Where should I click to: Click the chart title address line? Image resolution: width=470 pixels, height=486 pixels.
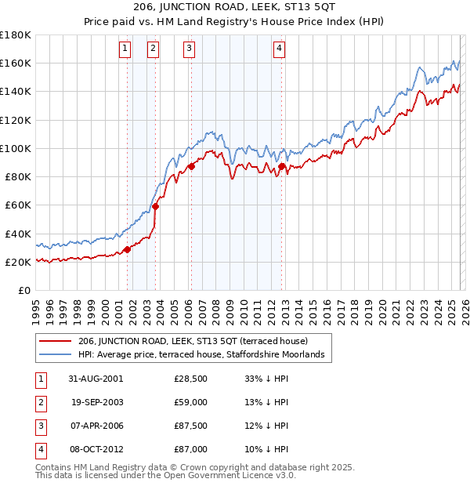tap(235, 8)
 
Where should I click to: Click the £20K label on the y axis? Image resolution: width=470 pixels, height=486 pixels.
tap(18, 262)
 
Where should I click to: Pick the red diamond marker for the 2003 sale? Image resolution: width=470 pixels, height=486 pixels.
tap(156, 207)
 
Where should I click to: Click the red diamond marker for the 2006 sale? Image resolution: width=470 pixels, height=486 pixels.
tap(191, 165)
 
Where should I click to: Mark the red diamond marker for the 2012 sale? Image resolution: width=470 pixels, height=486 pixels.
tap(282, 166)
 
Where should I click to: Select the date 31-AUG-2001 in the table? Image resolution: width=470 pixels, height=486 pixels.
tap(96, 379)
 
